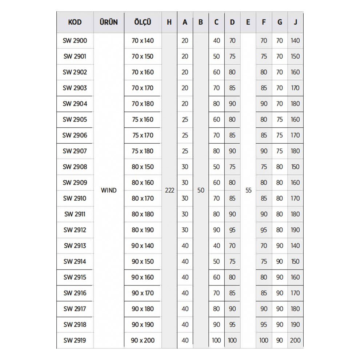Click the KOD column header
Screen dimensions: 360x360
(75, 22)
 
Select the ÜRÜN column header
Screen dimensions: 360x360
(108, 22)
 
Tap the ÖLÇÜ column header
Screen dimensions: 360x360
(143, 22)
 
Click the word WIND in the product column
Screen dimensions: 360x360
(108, 190)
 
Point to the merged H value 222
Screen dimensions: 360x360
(169, 190)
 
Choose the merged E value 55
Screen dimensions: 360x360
(248, 190)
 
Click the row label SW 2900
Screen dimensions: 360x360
(75, 40)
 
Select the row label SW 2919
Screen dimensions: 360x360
(75, 340)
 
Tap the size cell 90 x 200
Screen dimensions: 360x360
(143, 340)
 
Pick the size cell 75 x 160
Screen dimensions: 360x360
(143, 119)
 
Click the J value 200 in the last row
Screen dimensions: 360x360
(295, 340)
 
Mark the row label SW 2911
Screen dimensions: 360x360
(75, 214)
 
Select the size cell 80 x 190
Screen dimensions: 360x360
(143, 230)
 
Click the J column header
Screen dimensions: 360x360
(295, 22)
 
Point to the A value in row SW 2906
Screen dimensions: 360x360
(185, 135)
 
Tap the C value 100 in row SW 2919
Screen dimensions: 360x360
(216, 340)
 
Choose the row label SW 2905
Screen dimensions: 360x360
(75, 119)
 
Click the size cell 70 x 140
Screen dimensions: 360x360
(143, 40)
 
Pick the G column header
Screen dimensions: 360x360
(280, 22)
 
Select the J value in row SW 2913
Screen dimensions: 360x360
(295, 245)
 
